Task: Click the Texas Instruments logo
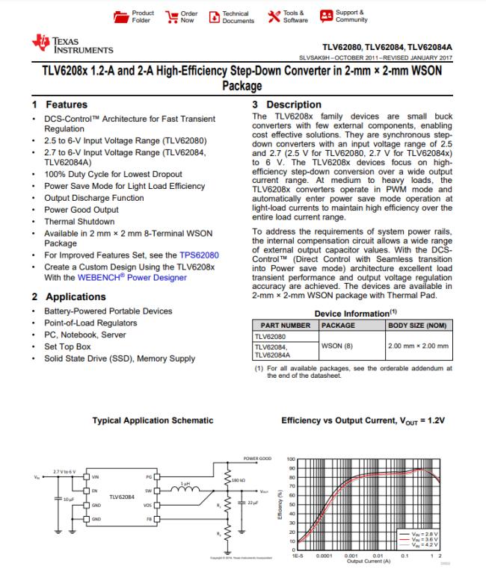(73, 44)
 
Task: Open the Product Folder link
(135, 16)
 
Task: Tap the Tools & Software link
(287, 16)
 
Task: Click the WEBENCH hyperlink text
(103, 277)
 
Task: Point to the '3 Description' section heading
(287, 105)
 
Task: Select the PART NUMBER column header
(285, 326)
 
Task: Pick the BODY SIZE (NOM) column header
(418, 326)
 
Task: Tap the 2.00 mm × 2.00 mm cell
(418, 346)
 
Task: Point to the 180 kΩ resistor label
(241, 479)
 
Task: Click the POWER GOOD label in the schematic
(256, 458)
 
